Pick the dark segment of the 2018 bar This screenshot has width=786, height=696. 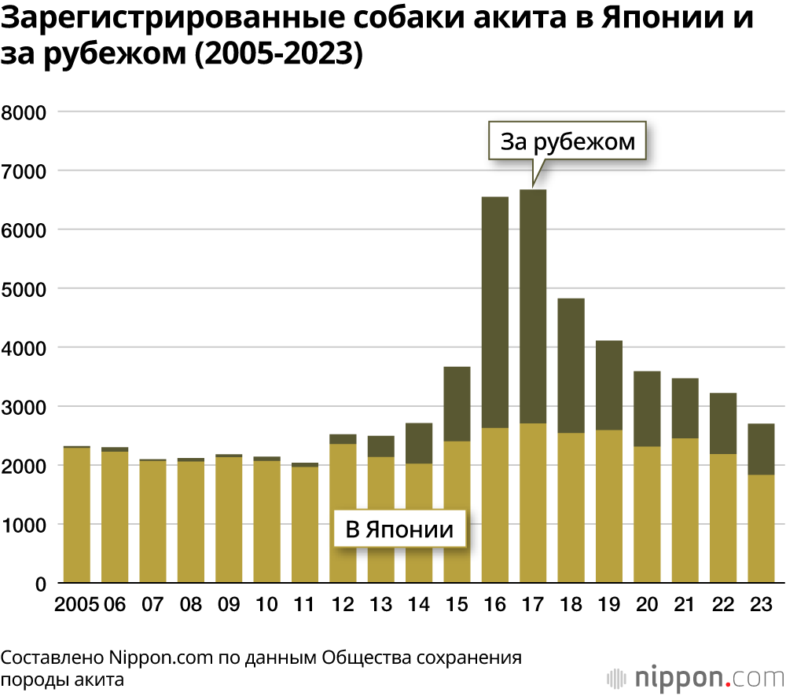tap(571, 366)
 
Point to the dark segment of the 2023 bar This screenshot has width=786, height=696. tap(761, 449)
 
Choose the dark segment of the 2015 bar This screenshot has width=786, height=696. tap(457, 404)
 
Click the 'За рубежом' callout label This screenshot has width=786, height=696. tap(567, 141)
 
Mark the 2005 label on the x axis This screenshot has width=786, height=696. tap(76, 605)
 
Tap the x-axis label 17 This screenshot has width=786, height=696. tap(533, 605)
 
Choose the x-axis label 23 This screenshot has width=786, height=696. tap(761, 605)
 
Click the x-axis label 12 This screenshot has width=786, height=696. tap(343, 605)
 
